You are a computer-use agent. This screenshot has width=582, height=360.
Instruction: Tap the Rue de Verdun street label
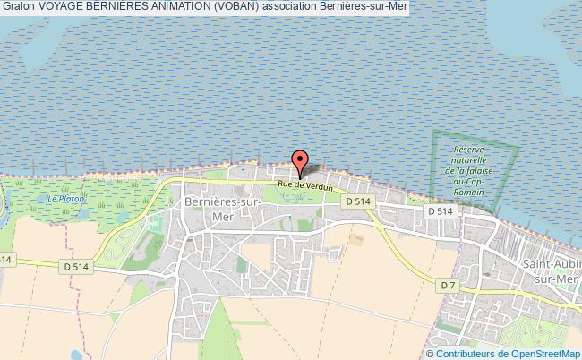click(305, 186)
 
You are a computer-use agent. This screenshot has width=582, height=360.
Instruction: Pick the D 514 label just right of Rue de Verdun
click(357, 201)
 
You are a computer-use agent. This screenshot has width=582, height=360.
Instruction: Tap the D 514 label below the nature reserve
click(441, 210)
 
